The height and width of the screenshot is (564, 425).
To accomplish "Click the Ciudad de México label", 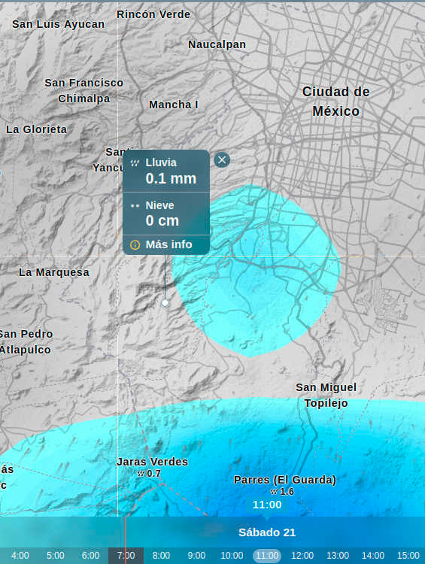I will click(x=335, y=101).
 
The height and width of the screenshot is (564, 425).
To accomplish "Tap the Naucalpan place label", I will click(x=217, y=44).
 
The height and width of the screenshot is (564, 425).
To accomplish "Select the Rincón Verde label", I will click(x=153, y=14).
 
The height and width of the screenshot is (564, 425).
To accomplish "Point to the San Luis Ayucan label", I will click(x=59, y=24).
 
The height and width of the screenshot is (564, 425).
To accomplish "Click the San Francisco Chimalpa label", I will click(x=84, y=90).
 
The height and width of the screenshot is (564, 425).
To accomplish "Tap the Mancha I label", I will click(x=174, y=105).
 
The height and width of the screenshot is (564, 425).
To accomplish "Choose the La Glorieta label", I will click(x=36, y=129).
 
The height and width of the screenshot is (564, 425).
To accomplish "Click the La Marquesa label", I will click(x=54, y=272).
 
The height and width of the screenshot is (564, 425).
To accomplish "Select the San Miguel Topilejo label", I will click(x=326, y=395).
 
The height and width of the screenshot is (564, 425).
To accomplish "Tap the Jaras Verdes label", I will click(x=152, y=462).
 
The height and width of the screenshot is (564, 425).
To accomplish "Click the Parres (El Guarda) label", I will click(x=285, y=480).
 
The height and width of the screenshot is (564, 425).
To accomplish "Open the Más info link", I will click(x=168, y=244).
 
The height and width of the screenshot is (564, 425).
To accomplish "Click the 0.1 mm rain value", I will click(x=171, y=178).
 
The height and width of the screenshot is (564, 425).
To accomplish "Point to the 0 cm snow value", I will click(x=162, y=220).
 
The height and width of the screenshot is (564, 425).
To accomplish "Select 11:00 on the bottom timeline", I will click(x=266, y=556).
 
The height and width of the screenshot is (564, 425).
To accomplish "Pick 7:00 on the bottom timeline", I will click(x=126, y=556).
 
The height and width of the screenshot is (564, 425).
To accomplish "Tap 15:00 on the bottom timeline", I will click(x=408, y=556).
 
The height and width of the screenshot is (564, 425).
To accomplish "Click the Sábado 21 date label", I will click(x=267, y=532).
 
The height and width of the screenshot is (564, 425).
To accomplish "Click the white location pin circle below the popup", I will click(x=165, y=302).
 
